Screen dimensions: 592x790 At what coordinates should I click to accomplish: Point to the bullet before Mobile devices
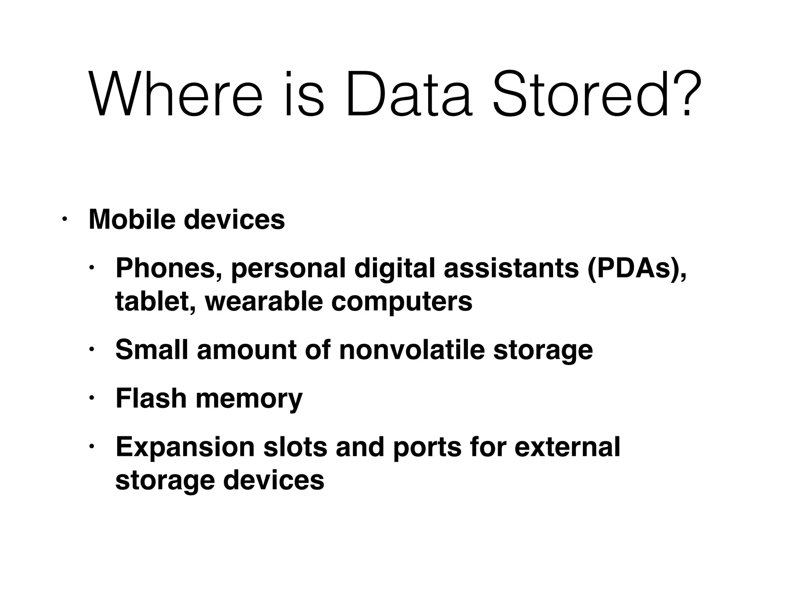(64, 219)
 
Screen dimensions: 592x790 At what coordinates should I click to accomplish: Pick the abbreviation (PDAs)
(636, 269)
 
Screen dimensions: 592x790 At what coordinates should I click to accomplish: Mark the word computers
(402, 303)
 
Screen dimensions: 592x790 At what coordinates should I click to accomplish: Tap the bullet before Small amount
(91, 350)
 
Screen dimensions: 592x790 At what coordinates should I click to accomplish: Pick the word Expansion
(185, 447)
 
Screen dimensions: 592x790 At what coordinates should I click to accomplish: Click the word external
(567, 447)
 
